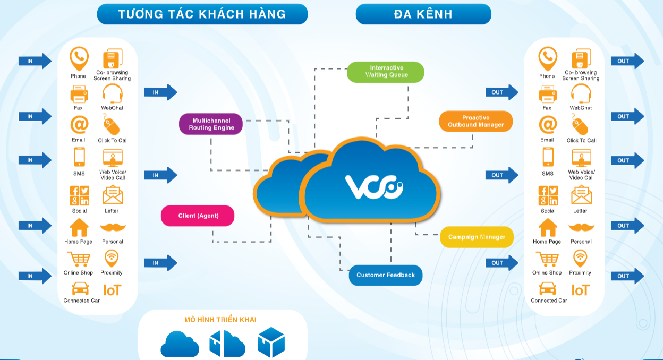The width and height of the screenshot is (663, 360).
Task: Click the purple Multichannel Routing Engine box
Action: (x=211, y=124)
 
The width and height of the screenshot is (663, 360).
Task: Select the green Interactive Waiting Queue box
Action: (x=385, y=72)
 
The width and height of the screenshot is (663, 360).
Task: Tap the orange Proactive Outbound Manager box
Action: (x=475, y=122)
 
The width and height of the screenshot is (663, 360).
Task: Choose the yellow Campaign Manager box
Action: (x=477, y=237)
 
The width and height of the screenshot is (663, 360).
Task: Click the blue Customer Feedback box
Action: (x=385, y=275)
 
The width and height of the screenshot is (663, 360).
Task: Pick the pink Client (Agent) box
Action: (x=198, y=216)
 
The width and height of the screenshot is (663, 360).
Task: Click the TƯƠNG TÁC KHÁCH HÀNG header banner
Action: (x=202, y=14)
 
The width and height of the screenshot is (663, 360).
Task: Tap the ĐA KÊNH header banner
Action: (x=423, y=14)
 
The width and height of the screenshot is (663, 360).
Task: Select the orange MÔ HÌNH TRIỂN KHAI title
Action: (x=220, y=320)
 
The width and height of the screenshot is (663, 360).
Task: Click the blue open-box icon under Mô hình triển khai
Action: (x=271, y=342)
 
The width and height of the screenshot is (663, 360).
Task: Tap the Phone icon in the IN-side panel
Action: (x=79, y=58)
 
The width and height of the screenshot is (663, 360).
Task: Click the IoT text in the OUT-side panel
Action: (x=581, y=290)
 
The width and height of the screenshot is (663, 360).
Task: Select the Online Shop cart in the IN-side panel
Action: (x=79, y=260)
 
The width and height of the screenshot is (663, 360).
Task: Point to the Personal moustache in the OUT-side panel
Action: (x=581, y=227)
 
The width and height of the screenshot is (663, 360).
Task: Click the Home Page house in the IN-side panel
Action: (x=79, y=228)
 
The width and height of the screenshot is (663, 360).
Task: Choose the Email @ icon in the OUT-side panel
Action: (x=548, y=125)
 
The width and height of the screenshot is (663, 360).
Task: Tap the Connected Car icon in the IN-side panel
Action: (x=80, y=289)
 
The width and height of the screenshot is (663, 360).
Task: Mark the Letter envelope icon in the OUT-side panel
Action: (x=581, y=196)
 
